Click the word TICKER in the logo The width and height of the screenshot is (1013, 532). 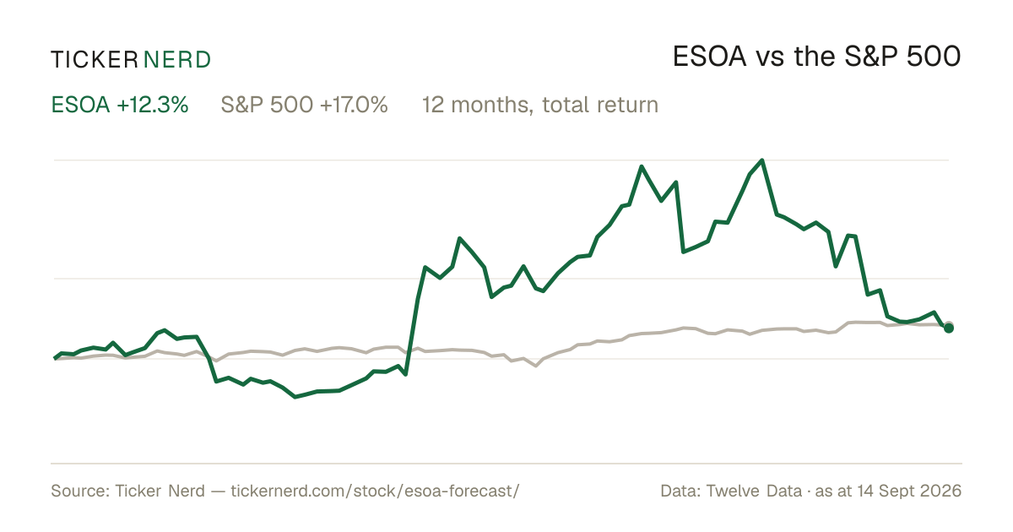(x=95, y=60)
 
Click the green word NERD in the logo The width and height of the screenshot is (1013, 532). (x=177, y=60)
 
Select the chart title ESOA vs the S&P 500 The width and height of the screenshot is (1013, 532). (x=817, y=57)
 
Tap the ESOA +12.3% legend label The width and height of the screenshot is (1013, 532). (x=120, y=105)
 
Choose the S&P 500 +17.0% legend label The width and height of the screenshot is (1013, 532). (x=305, y=105)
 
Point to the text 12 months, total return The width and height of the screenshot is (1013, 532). (x=540, y=106)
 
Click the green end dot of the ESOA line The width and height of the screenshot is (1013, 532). (x=949, y=328)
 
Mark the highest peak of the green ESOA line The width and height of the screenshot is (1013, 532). (x=762, y=160)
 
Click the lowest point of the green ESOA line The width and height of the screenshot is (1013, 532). (x=295, y=397)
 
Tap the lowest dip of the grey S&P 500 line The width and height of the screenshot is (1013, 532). (x=536, y=366)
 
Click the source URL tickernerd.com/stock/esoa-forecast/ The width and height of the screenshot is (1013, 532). (x=376, y=491)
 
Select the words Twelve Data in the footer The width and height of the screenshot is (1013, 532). (x=754, y=491)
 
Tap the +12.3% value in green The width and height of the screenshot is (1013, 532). (x=153, y=105)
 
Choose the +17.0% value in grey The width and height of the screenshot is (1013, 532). (x=354, y=105)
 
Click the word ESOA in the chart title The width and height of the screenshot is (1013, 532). (x=710, y=57)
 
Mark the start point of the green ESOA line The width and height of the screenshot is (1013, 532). (x=55, y=358)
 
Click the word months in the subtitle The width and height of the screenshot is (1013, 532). (x=490, y=106)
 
